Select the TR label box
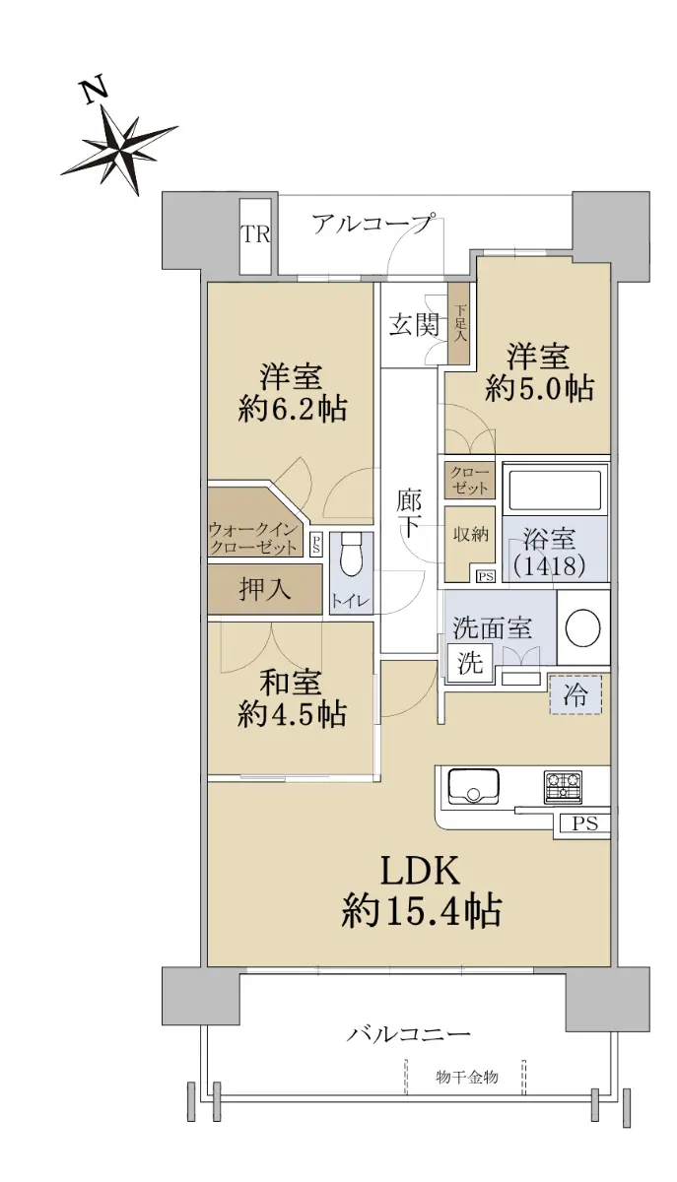pos(256,235)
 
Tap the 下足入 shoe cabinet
pos(459,323)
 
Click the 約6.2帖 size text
pos(292,410)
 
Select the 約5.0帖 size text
pos(539,389)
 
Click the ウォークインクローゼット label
pos(253,538)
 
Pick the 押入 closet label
pos(264,589)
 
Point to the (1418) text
pos(549,565)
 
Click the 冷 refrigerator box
pos(575,695)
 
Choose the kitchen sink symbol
pos(473,787)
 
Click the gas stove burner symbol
pos(563,787)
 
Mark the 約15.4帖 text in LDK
pos(422,911)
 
